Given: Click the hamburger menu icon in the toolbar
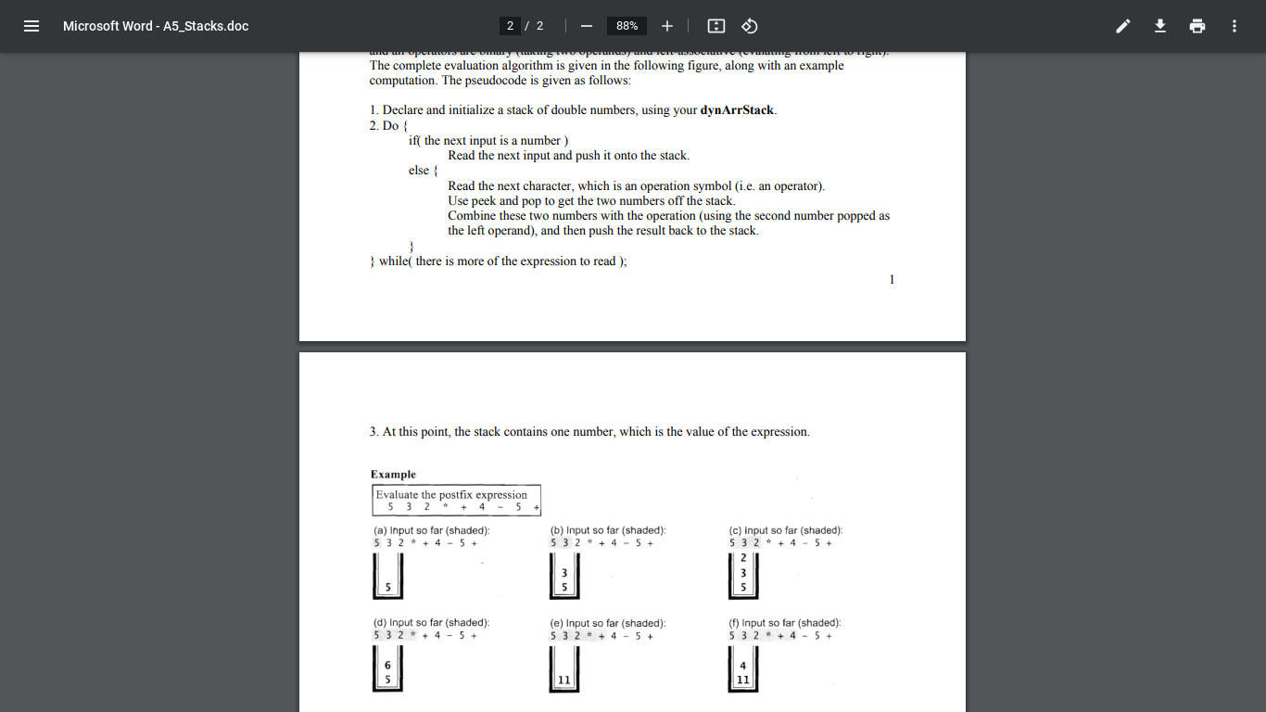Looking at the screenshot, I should (x=32, y=26).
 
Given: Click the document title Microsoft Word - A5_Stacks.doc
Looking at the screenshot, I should (x=156, y=26).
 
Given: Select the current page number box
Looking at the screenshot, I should (x=510, y=26).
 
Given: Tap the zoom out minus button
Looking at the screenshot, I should (x=587, y=26).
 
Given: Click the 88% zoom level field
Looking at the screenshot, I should (x=627, y=26).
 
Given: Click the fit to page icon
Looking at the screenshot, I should (x=715, y=26).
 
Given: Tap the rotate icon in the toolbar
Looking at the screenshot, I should (x=751, y=26).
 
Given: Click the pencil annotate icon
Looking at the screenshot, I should (x=1123, y=26).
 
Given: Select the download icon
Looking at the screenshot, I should (x=1160, y=26).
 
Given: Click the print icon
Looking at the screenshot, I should (x=1197, y=26).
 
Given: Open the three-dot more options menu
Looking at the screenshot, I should (x=1234, y=26).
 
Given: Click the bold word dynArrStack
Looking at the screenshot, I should (x=737, y=110).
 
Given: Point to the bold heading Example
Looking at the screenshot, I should (x=393, y=475).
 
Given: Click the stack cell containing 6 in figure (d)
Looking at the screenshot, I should (x=387, y=665).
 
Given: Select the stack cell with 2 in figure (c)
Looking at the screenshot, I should (x=743, y=558).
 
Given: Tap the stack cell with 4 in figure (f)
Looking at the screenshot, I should (x=743, y=665).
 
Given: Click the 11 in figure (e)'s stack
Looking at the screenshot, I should (x=564, y=680).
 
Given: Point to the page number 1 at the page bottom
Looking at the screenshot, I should (x=892, y=280).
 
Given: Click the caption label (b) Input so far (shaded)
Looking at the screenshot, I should (x=608, y=530).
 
